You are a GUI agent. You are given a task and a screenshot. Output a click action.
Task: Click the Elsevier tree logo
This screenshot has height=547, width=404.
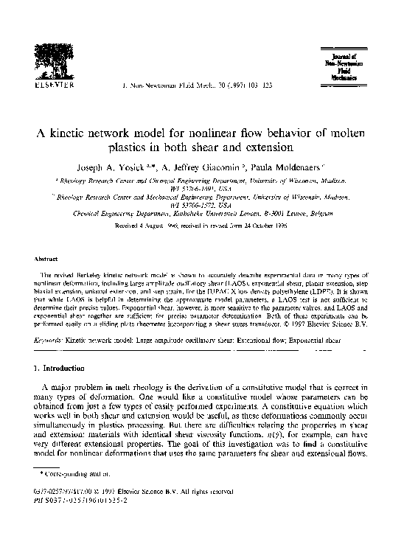coord(46,60)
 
